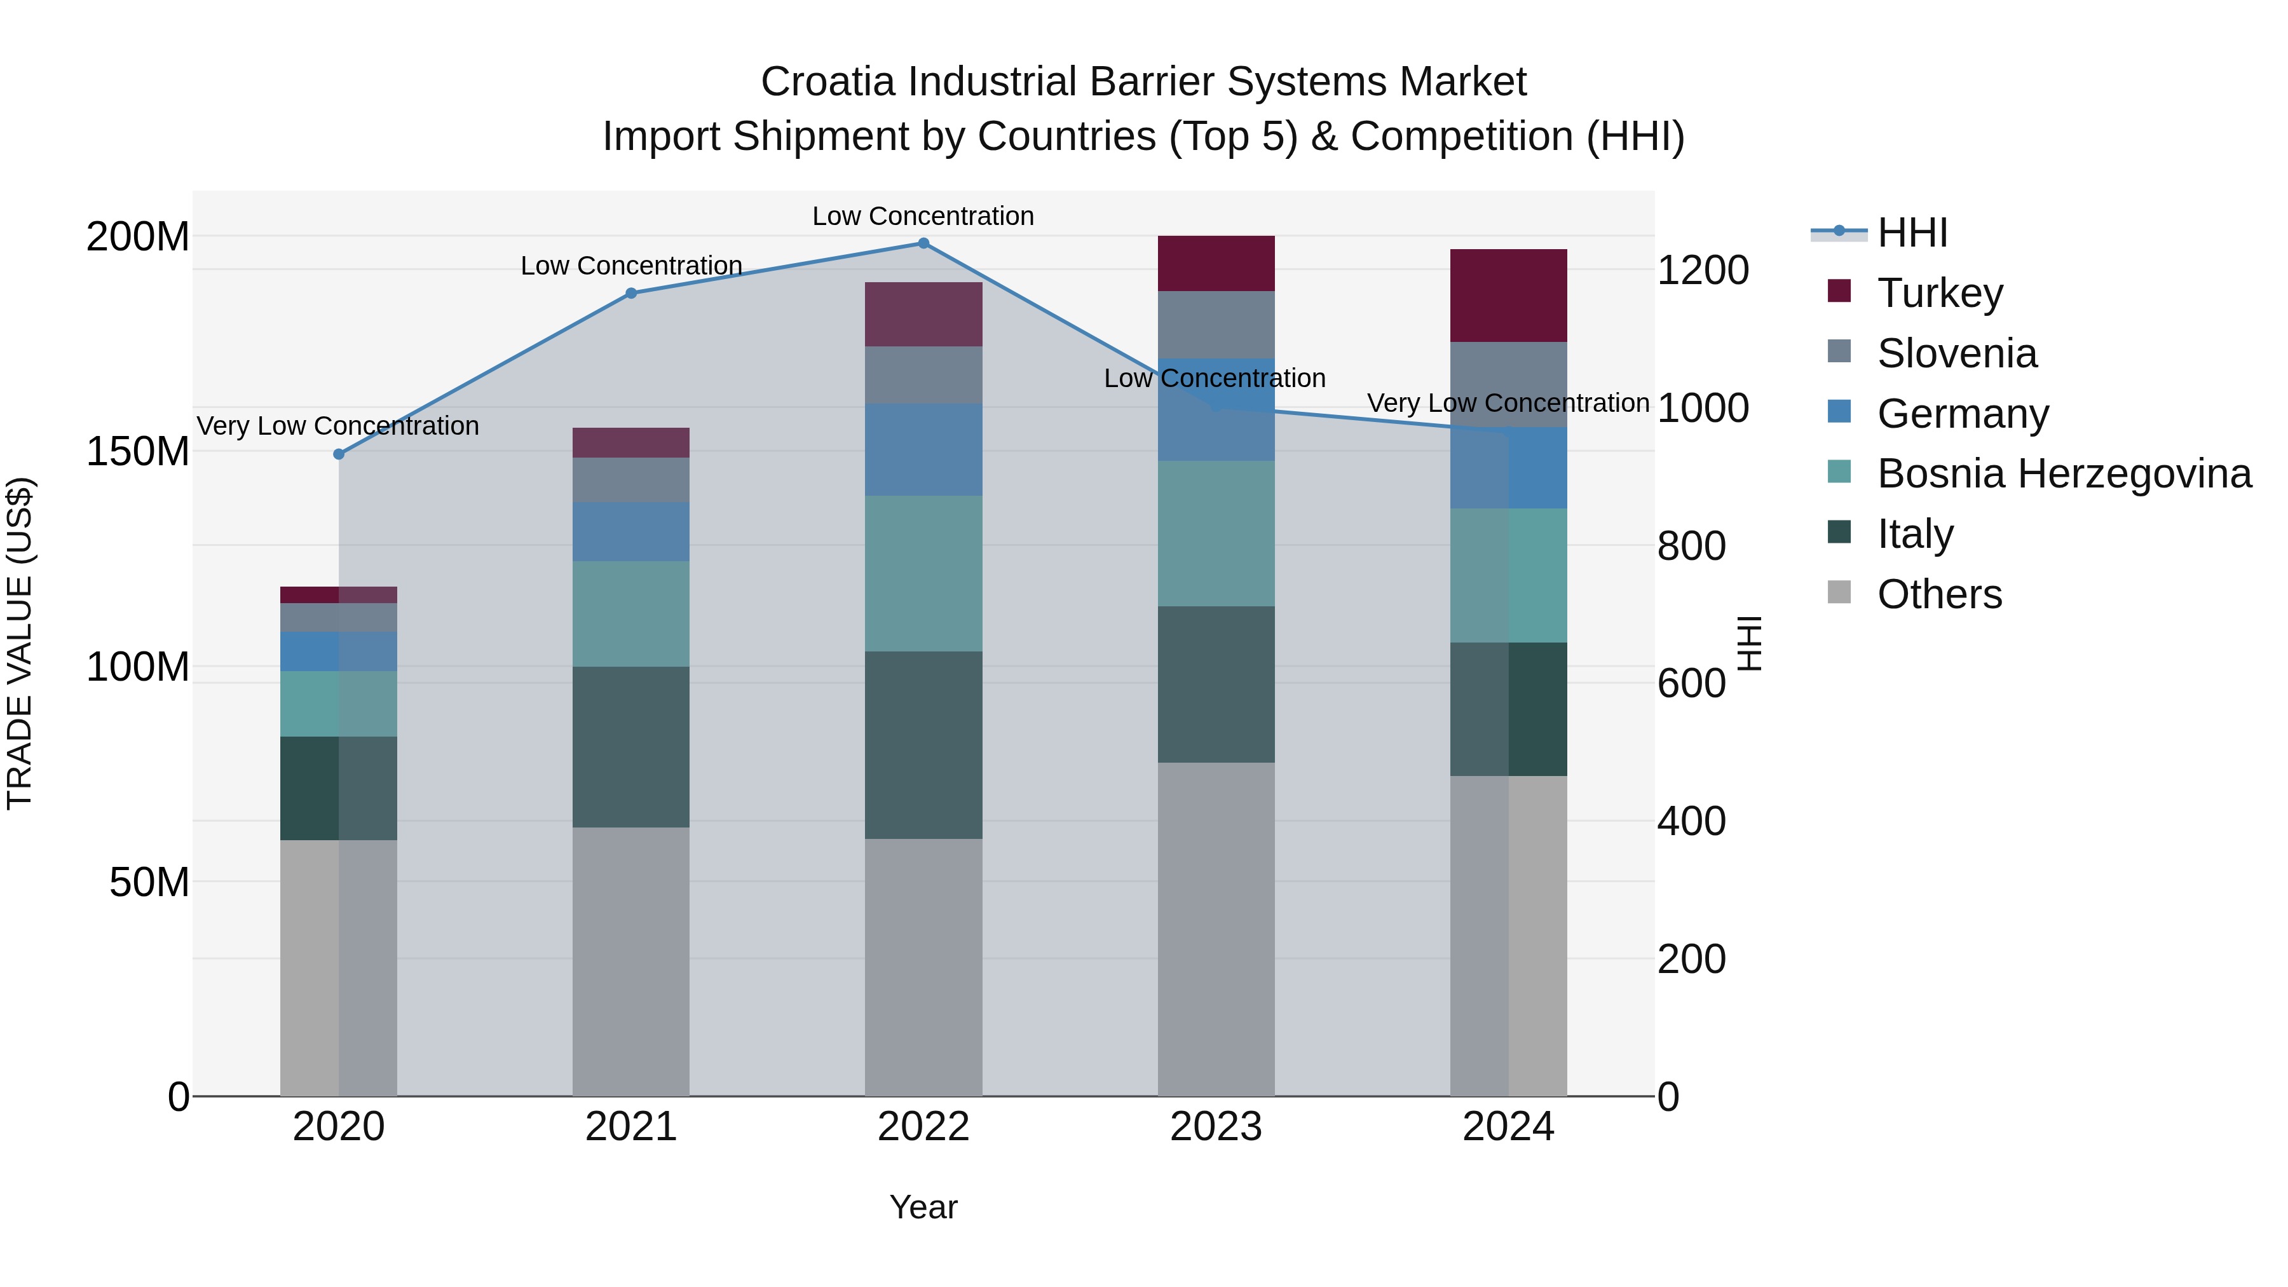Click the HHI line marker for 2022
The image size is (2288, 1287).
[x=923, y=243]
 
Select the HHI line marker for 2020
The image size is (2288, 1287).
[x=338, y=454]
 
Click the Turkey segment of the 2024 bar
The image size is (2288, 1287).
[x=1508, y=296]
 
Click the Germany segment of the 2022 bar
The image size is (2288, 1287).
[x=923, y=449]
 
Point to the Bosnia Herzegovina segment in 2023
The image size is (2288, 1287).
[x=1216, y=533]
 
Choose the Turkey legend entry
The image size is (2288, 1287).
[x=1939, y=293]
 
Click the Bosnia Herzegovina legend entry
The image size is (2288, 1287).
[x=2063, y=473]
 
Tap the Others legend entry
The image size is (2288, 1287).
[x=1939, y=594]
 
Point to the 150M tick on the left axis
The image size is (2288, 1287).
[x=138, y=451]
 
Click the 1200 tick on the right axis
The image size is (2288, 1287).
[x=1703, y=270]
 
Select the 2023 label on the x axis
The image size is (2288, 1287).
[x=1216, y=1127]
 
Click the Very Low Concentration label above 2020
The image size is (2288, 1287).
[x=337, y=426]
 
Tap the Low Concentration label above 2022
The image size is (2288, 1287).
[x=923, y=216]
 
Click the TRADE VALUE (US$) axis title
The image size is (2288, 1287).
[x=20, y=644]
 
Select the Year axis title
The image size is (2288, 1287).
[x=923, y=1207]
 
